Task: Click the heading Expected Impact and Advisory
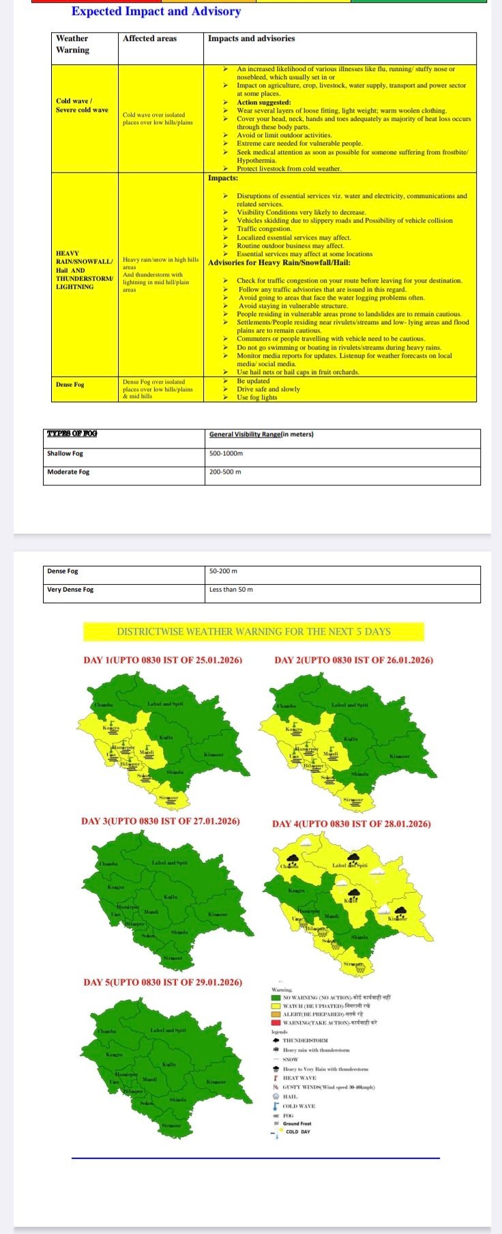[156, 12]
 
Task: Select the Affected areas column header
[149, 39]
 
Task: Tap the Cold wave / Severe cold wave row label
[82, 105]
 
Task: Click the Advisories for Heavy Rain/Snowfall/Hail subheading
[279, 263]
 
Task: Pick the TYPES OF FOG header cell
[72, 434]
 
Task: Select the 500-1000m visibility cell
[226, 453]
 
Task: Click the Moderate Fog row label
[68, 472]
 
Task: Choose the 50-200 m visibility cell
[223, 571]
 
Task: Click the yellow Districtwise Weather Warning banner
[253, 631]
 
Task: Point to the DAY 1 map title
[162, 660]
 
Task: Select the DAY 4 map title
[351, 824]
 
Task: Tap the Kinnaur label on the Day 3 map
[218, 914]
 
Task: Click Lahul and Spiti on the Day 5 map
[168, 1030]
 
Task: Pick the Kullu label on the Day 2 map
[350, 739]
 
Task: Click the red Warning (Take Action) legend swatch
[276, 1022]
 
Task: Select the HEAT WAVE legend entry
[299, 1078]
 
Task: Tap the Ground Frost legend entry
[297, 1123]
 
